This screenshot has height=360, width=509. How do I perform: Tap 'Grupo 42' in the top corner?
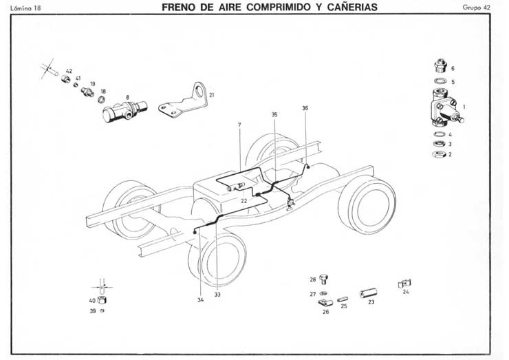pyautogui.click(x=476, y=8)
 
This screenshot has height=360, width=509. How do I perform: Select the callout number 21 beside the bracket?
pyautogui.click(x=211, y=94)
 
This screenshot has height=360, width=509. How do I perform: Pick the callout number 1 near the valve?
pyautogui.click(x=464, y=106)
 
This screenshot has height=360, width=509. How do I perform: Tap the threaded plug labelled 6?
pyautogui.click(x=438, y=67)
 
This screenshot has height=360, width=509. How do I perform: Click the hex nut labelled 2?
pyautogui.click(x=437, y=155)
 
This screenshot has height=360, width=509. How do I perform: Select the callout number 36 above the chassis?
pyautogui.click(x=305, y=107)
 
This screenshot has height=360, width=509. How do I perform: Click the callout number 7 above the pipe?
pyautogui.click(x=239, y=124)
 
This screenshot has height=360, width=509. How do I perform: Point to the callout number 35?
pyautogui.click(x=274, y=114)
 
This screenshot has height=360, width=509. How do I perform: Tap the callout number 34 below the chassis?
pyautogui.click(x=200, y=299)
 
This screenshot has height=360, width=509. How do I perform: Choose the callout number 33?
pyautogui.click(x=217, y=295)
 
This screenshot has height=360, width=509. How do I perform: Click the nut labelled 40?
pyautogui.click(x=102, y=301)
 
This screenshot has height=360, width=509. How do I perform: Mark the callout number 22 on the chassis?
pyautogui.click(x=244, y=200)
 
